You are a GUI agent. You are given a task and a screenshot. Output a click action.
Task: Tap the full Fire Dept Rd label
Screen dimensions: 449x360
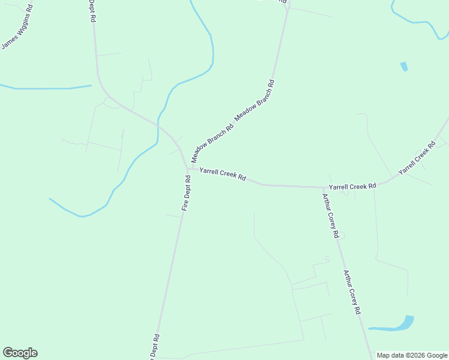(187, 193)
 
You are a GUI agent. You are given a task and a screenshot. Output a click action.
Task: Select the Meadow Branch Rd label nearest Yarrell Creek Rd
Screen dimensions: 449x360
(212, 144)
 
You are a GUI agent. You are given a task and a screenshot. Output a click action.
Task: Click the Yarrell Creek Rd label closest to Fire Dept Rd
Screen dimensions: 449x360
(223, 174)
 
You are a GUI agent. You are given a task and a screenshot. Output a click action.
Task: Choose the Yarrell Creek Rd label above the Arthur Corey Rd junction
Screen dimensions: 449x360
(352, 187)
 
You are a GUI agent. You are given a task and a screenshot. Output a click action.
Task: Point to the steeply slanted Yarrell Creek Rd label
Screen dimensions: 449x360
(417, 158)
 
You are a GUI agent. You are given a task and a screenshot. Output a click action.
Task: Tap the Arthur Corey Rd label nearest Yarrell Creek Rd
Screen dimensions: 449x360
(330, 215)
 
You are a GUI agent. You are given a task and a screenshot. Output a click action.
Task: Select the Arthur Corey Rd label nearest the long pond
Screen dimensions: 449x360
(352, 292)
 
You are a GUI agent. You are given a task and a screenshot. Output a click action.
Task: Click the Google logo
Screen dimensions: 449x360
(20, 353)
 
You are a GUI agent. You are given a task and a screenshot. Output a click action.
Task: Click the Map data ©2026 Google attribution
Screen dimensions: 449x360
(412, 355)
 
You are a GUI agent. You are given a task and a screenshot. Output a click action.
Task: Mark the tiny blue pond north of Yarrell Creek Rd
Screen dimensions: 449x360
(404, 66)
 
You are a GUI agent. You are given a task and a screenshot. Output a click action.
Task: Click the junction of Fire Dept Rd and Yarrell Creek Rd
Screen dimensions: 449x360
(188, 169)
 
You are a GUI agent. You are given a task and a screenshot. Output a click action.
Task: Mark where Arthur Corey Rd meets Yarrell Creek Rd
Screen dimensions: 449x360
(323, 187)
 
